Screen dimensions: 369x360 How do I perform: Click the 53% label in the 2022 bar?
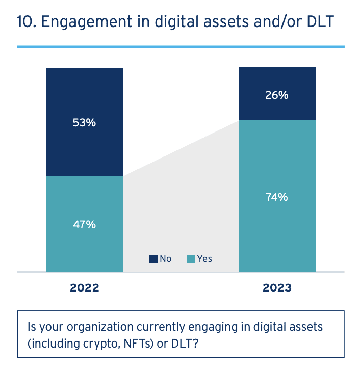pyautogui.click(x=84, y=123)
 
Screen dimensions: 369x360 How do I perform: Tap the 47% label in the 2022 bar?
pyautogui.click(x=84, y=224)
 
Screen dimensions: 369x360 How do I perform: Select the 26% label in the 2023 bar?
pyautogui.click(x=277, y=95)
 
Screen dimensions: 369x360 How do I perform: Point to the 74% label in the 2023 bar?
pyautogui.click(x=277, y=197)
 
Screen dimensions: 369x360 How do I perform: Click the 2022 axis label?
pyautogui.click(x=84, y=288)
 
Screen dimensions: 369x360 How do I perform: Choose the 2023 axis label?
pyautogui.click(x=277, y=288)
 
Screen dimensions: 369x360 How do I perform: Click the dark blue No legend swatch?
pyautogui.click(x=153, y=259)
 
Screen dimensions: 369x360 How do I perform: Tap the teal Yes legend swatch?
pyautogui.click(x=191, y=259)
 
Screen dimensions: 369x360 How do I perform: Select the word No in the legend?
pyautogui.click(x=166, y=259)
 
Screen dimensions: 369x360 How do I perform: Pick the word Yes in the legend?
pyautogui.click(x=204, y=259)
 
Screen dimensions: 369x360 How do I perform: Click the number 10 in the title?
pyautogui.click(x=24, y=23)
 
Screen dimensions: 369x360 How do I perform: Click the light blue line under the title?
pyautogui.click(x=181, y=47)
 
